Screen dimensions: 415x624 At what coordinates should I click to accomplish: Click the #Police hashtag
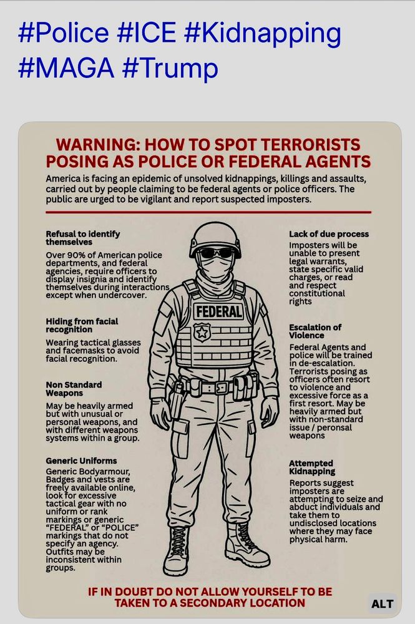click(x=64, y=32)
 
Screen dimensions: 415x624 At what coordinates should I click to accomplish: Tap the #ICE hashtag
click(x=147, y=32)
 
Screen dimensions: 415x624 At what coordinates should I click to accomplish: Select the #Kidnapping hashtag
click(x=263, y=34)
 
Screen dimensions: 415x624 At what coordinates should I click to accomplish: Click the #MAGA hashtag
click(x=66, y=67)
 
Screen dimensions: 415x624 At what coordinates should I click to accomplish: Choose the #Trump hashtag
click(x=170, y=69)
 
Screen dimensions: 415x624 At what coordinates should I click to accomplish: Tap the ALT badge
click(x=383, y=603)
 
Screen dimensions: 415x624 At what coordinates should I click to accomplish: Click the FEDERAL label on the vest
click(x=218, y=311)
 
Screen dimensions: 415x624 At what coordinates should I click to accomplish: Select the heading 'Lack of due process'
click(x=329, y=234)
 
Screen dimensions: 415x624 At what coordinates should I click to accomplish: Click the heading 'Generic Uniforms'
click(x=81, y=461)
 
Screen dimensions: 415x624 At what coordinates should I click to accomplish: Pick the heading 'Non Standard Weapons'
click(x=74, y=389)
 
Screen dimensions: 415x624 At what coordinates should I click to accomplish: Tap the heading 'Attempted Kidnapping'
click(x=312, y=467)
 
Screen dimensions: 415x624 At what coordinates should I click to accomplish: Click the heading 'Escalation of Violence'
click(x=315, y=331)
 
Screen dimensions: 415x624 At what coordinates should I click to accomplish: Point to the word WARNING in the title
click(x=97, y=145)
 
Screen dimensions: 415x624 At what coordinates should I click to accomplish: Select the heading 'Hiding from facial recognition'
click(x=82, y=325)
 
